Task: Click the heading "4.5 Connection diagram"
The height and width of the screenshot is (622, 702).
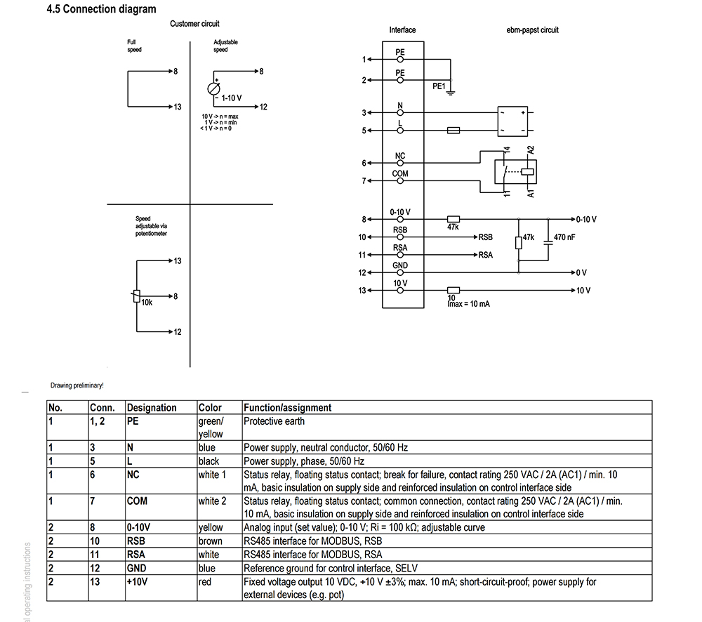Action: [102, 9]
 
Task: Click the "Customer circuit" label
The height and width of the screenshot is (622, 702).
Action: [194, 24]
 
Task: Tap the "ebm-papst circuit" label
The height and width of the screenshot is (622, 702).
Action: [532, 30]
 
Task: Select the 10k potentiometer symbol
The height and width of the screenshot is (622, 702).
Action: [137, 296]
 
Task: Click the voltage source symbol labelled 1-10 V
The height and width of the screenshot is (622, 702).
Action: [214, 88]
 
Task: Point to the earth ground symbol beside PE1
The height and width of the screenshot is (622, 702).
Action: [451, 93]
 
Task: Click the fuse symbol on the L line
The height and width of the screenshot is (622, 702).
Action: [453, 131]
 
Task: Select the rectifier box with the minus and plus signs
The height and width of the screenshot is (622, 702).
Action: [512, 121]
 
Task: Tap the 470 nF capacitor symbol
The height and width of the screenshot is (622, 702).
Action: [548, 243]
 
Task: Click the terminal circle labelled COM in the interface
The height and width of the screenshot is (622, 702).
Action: [400, 181]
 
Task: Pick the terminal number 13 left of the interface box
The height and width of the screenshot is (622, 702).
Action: [362, 291]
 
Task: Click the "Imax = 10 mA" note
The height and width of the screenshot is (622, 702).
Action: [469, 304]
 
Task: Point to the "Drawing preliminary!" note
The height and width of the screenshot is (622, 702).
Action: [77, 385]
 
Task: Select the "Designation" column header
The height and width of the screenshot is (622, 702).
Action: [152, 407]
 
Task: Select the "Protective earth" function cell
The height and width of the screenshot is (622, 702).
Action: [274, 421]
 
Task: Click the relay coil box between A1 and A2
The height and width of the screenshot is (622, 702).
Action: [527, 171]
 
